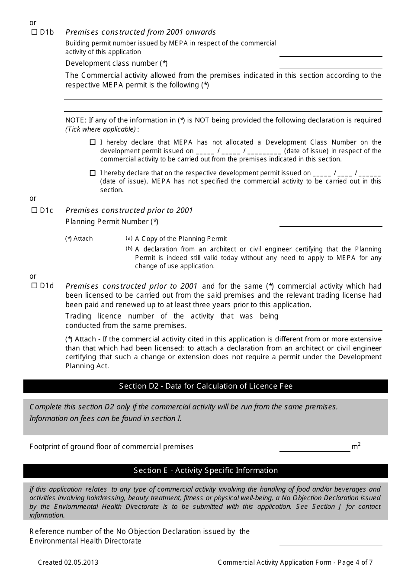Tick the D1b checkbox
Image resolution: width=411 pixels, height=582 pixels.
tap(35, 32)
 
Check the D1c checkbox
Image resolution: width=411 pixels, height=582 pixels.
tap(35, 211)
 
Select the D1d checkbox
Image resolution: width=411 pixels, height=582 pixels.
tap(35, 286)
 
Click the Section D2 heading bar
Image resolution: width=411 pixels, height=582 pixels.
tap(205, 386)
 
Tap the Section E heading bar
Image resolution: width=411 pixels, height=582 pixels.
tap(205, 470)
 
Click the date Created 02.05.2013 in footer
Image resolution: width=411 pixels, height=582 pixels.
tap(68, 563)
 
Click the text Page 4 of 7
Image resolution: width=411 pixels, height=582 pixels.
tap(355, 563)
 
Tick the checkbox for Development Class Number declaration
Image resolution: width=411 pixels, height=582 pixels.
tap(93, 142)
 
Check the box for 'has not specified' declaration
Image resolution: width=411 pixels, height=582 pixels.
tap(93, 173)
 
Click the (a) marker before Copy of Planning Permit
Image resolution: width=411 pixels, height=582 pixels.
tap(129, 238)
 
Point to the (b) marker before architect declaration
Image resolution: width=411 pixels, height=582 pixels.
tap(129, 248)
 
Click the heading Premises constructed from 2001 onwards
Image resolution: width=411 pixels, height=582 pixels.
tap(141, 32)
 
